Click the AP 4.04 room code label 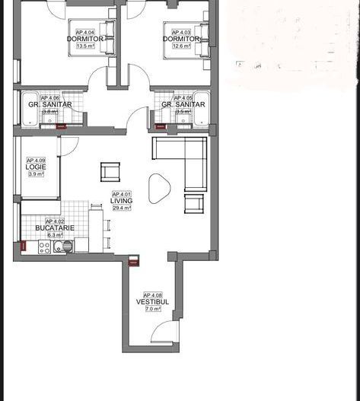click(x=85, y=32)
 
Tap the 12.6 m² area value click(x=181, y=46)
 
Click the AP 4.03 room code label click(x=181, y=32)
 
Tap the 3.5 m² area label click(x=183, y=112)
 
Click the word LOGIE click(x=36, y=167)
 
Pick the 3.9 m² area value click(x=36, y=174)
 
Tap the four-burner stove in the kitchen click(x=44, y=247)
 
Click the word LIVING click(x=122, y=201)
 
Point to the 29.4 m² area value click(x=122, y=208)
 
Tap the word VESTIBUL click(x=152, y=302)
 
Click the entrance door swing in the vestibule click(x=162, y=332)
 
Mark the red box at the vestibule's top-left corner click(x=134, y=260)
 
